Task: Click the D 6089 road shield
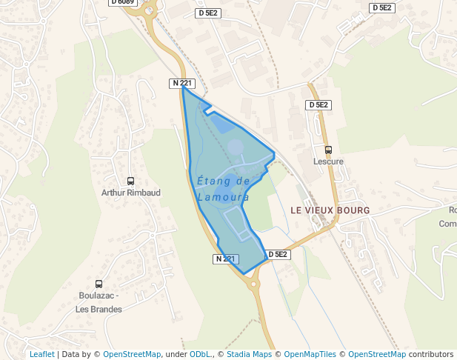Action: [x=123, y=2]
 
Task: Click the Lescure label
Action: [x=328, y=161]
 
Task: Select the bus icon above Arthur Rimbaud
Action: [x=131, y=181]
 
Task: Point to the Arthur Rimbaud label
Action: [x=131, y=193]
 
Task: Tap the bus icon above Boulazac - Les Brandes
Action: [x=99, y=284]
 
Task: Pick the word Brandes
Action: [x=108, y=309]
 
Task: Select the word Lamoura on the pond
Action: [x=223, y=198]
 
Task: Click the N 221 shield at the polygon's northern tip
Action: [x=183, y=83]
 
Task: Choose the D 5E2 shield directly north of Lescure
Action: [x=318, y=105]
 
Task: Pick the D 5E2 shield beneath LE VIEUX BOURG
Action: [x=278, y=254]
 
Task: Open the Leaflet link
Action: [x=41, y=354]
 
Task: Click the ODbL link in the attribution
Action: [x=200, y=354]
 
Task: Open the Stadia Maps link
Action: [x=249, y=354]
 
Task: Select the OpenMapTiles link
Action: [x=310, y=354]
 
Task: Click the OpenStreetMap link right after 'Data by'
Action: [x=132, y=354]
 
